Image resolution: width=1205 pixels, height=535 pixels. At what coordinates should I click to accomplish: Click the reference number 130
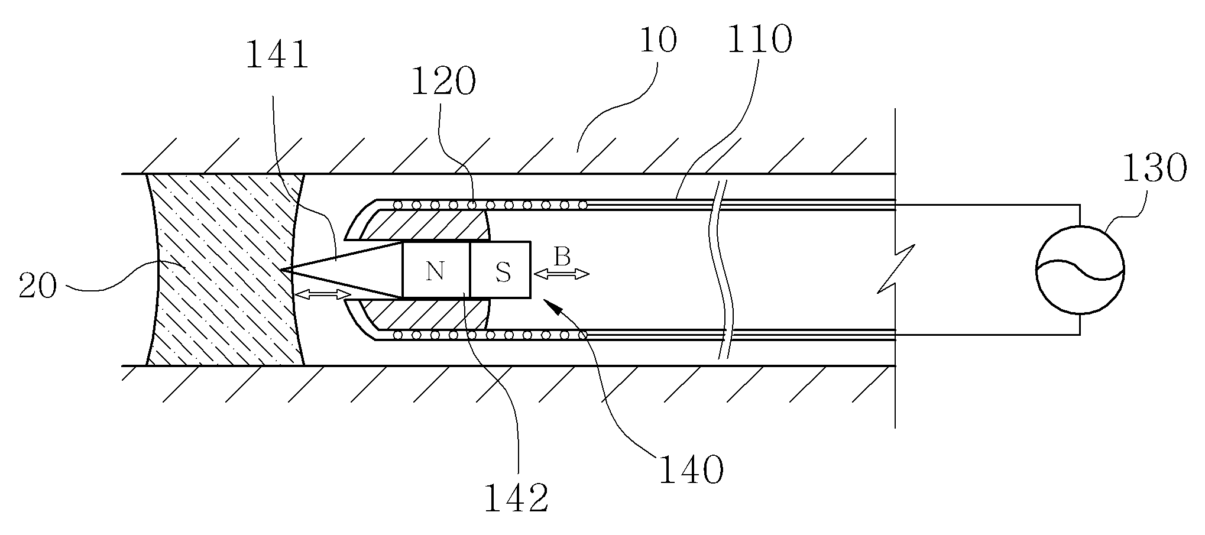coord(1154,168)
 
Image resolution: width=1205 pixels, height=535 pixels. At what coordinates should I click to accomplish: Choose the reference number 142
coord(516,498)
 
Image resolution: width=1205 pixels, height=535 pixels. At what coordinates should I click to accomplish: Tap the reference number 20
coord(38,286)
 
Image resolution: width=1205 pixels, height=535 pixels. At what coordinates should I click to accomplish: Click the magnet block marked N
coord(436,270)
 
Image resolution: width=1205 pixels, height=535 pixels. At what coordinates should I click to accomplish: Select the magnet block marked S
coord(500,270)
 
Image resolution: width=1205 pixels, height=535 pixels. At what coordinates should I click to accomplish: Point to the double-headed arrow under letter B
coord(561,274)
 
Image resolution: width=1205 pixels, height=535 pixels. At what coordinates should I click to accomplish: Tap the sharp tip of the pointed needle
coord(281,270)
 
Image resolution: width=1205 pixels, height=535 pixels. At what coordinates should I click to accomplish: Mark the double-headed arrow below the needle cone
coord(323,294)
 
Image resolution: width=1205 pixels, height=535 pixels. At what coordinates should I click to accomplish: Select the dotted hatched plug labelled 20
coord(225,270)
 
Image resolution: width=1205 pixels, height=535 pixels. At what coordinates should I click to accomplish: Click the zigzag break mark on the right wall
coord(896,270)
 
